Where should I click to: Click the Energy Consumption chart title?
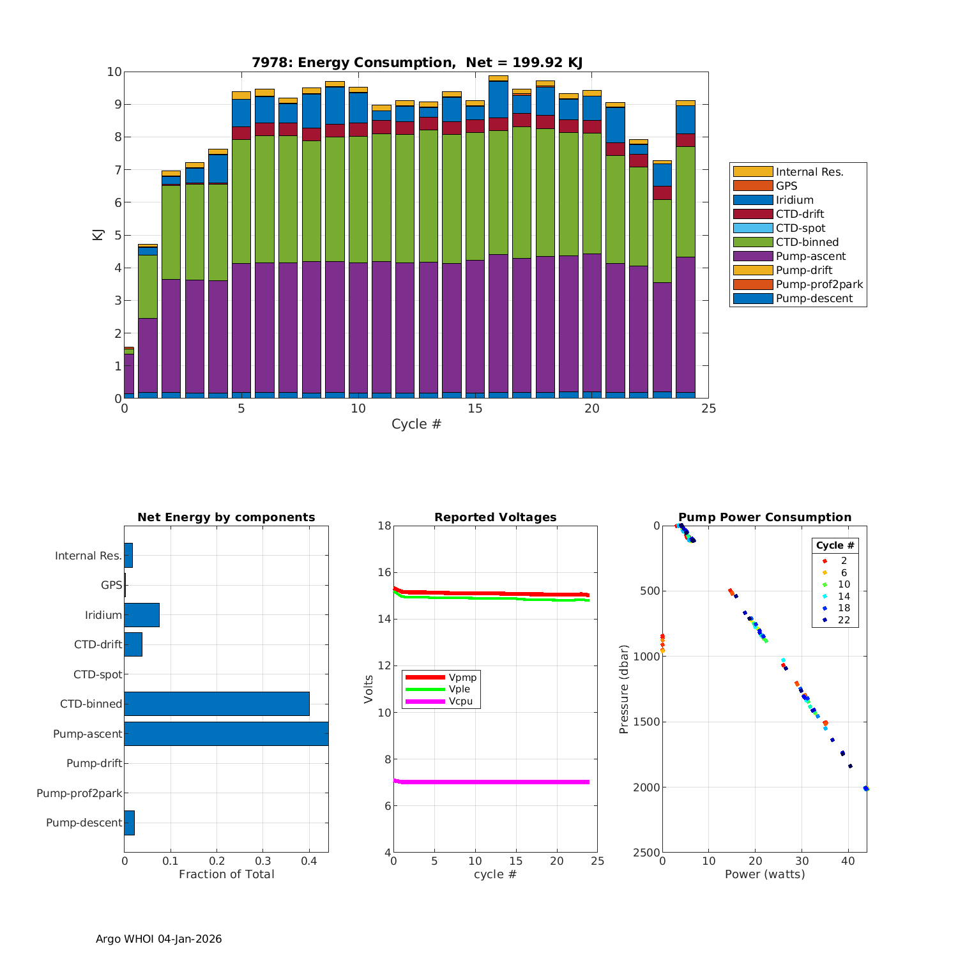416,63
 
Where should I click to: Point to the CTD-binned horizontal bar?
217,704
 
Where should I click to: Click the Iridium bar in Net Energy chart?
142,615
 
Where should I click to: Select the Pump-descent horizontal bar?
130,823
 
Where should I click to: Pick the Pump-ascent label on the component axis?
87,734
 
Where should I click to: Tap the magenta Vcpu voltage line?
492,782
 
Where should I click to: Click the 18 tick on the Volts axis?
384,526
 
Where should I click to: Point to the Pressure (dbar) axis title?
624,688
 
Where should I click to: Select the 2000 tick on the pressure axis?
646,787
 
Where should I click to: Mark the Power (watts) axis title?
764,874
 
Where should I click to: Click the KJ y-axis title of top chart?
98,234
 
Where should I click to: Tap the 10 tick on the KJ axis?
114,72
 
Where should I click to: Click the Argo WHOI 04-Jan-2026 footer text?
158,939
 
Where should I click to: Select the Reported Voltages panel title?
495,517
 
